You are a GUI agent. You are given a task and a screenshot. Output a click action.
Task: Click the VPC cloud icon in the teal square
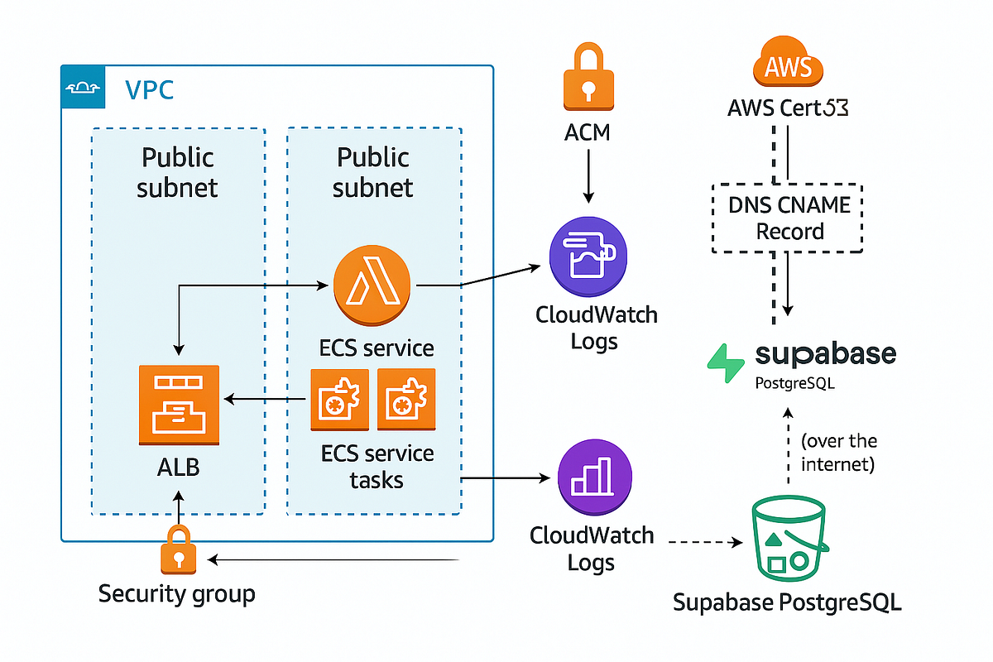coord(84,87)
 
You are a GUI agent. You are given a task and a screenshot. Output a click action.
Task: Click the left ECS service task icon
coord(338,399)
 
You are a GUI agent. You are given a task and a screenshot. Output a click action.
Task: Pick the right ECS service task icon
coord(405,399)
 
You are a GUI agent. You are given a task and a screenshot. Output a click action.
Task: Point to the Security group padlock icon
coord(179,549)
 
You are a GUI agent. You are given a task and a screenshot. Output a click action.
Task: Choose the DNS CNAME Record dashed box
coord(787,218)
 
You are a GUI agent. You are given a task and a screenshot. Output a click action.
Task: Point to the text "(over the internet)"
coord(838,452)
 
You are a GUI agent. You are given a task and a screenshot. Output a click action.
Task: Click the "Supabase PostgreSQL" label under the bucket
coord(786,602)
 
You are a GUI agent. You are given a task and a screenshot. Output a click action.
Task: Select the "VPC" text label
coord(149,89)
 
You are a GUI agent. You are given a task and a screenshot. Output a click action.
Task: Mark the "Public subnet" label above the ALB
coord(177,172)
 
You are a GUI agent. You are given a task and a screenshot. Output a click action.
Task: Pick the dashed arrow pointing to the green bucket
coord(703,543)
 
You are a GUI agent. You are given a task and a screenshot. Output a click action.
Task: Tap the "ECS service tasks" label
coord(377,466)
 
